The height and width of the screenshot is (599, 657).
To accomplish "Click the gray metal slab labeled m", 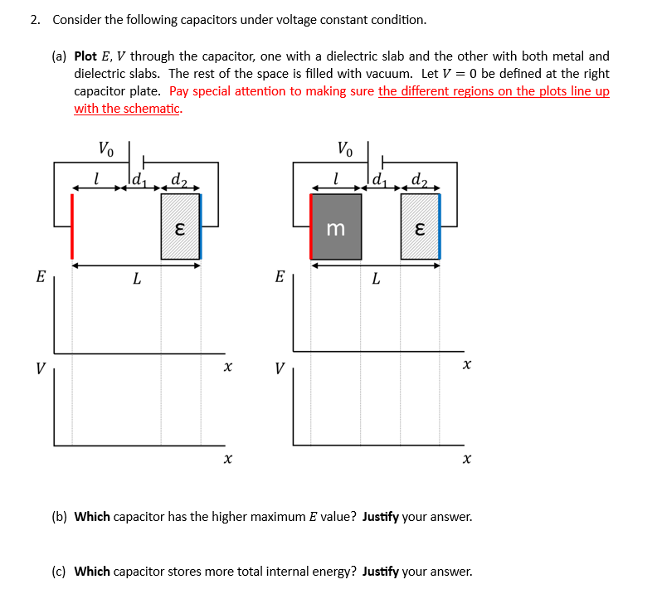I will [x=336, y=227].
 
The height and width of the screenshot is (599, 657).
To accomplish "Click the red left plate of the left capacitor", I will [x=72, y=226].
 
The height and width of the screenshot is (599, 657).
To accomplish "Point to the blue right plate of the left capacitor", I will [x=200, y=226].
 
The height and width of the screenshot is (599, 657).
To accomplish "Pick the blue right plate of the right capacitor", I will [x=439, y=226].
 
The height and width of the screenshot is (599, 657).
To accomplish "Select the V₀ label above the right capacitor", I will [x=345, y=150].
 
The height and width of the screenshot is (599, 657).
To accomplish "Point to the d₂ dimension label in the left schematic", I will [x=178, y=178].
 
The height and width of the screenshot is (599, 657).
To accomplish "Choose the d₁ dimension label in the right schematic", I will [x=380, y=178].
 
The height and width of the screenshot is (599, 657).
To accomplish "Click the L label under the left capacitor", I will [x=135, y=280].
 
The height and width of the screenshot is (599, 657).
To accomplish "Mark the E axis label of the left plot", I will [x=40, y=276].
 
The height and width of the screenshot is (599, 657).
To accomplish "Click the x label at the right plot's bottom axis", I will [x=466, y=457].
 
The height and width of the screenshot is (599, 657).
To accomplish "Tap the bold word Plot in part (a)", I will [x=85, y=56].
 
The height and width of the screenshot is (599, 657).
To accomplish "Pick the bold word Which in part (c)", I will [x=92, y=571].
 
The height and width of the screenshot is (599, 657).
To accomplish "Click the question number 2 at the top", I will [x=34, y=19].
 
